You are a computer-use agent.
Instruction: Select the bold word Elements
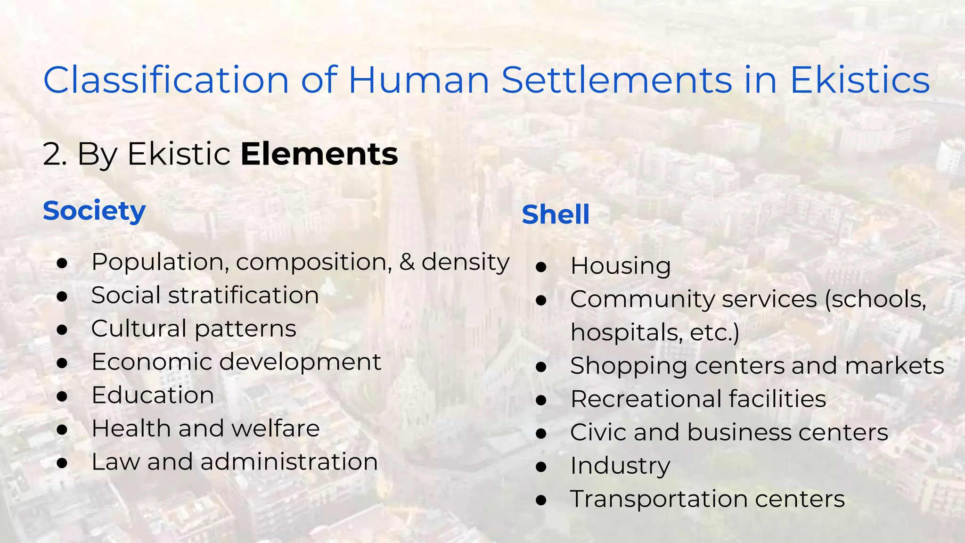click(x=319, y=154)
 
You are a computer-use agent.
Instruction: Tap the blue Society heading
click(x=94, y=211)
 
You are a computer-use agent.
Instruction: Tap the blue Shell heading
click(x=556, y=214)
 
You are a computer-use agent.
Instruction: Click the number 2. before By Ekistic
click(x=54, y=154)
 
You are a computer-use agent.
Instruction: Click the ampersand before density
click(x=407, y=262)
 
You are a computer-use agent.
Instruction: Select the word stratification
click(x=244, y=296)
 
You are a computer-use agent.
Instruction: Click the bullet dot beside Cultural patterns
click(x=62, y=329)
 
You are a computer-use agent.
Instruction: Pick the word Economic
click(x=152, y=362)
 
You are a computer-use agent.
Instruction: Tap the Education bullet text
click(x=153, y=395)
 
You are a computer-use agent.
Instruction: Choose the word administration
click(x=289, y=461)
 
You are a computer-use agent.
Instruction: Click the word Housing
click(x=621, y=266)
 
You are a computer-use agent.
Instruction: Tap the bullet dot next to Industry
click(x=541, y=467)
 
